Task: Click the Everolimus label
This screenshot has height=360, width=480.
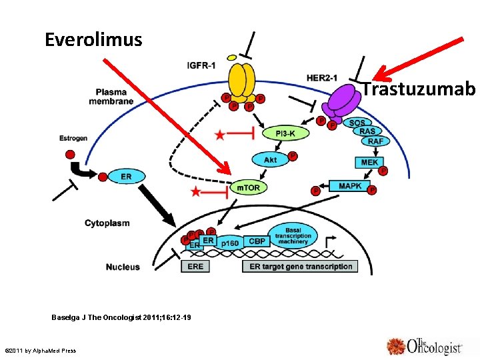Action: pos(93,40)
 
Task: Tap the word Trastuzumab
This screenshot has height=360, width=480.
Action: pos(419,89)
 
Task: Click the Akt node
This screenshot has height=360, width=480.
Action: pos(270,160)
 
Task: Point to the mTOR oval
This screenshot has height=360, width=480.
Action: pos(249,188)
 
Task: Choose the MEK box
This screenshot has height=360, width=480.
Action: pos(369,162)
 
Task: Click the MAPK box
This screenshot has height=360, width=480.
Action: pos(349,186)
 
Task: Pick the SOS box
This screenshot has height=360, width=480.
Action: pos(357,123)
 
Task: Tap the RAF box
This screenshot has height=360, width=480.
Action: pos(375,141)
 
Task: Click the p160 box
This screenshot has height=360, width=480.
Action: pos(230,244)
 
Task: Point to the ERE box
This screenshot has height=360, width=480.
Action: pos(196,266)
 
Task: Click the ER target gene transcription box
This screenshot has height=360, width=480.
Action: pos(300,266)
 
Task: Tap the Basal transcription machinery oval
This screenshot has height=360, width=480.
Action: pos(293,234)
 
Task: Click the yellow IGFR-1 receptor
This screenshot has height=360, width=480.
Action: pos(241,80)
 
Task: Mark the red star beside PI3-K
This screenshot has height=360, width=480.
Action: pos(220,135)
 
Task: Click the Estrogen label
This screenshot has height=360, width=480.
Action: pos(73,138)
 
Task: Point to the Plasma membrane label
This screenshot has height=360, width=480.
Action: pos(111,97)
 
